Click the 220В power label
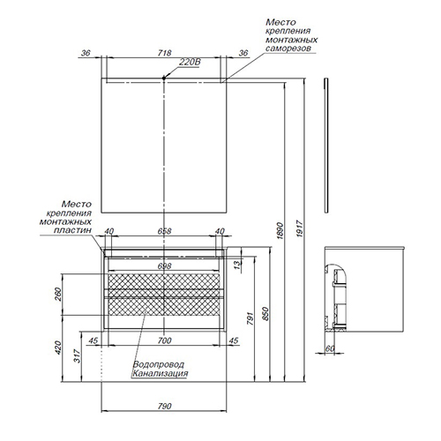tap(190, 63)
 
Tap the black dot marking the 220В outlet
tap(164, 78)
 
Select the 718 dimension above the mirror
tap(164, 53)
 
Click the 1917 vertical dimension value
tap(300, 228)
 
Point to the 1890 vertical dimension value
tap(280, 231)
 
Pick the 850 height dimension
tap(265, 314)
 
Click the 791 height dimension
tap(250, 318)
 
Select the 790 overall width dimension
tap(164, 407)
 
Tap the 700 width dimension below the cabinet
tap(164, 340)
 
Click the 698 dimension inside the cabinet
tap(164, 266)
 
